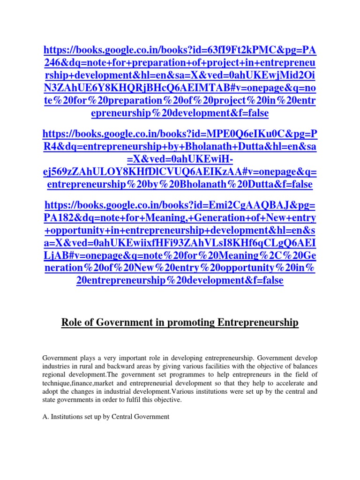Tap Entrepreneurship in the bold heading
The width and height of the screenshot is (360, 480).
coord(257,322)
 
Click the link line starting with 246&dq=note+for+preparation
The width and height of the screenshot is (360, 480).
coord(180,62)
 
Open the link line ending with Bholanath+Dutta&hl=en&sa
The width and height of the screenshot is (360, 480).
coord(180,147)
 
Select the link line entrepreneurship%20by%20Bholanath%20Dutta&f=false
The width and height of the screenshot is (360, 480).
coord(180,185)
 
